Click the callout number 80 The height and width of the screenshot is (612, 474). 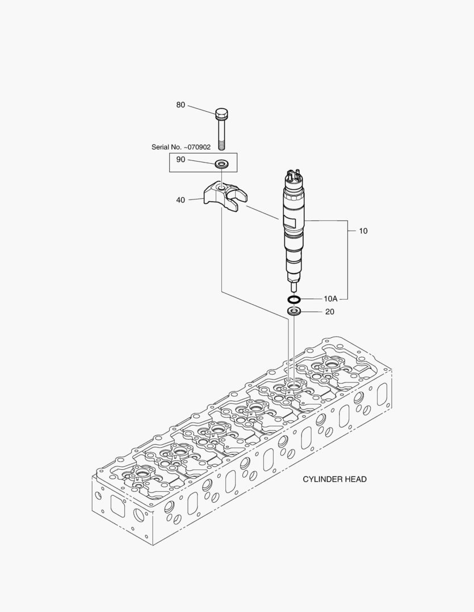pyautogui.click(x=181, y=105)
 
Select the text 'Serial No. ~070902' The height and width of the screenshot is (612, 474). pyautogui.click(x=181, y=147)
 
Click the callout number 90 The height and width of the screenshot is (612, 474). pyautogui.click(x=181, y=160)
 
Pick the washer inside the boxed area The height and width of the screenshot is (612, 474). pyautogui.click(x=221, y=164)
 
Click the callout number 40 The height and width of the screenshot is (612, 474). pyautogui.click(x=181, y=200)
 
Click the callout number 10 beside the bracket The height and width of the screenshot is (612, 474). pyautogui.click(x=363, y=231)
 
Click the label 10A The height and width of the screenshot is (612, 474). pyautogui.click(x=330, y=299)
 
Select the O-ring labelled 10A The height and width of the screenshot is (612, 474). pyautogui.click(x=293, y=299)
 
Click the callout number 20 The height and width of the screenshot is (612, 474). pyautogui.click(x=330, y=312)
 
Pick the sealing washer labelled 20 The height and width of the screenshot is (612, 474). pyautogui.click(x=293, y=311)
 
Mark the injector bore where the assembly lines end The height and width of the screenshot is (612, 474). pyautogui.click(x=293, y=385)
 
